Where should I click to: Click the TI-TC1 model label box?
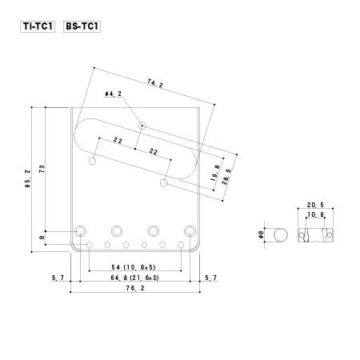pos(38,26)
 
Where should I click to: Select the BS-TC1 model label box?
pos(82,26)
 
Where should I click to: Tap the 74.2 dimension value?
pos(155,83)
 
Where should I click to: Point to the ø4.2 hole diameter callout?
pos(114,94)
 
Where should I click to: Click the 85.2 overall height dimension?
pos(28,178)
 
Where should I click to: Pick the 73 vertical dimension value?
pos(42,169)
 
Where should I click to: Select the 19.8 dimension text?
pos(215,173)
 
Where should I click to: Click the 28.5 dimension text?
pos(227,177)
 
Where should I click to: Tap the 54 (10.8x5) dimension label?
pos(134,267)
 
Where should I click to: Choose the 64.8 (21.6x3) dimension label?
pos(134,278)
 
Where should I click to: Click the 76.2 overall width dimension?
pos(135,288)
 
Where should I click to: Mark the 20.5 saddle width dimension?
pos(315,205)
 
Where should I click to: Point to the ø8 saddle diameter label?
pos(261,234)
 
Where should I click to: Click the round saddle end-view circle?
pos(281,235)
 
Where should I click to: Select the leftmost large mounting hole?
pos(80,230)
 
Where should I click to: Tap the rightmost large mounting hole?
pos(190,230)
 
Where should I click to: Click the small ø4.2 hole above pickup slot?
pos(142,126)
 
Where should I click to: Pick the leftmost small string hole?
pos(90,245)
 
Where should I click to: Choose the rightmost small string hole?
pos(181,245)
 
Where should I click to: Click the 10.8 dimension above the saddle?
pos(315,214)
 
